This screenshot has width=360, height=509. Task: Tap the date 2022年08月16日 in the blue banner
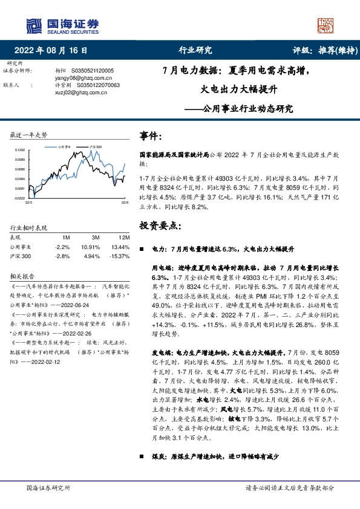pyautogui.click(x=54, y=51)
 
